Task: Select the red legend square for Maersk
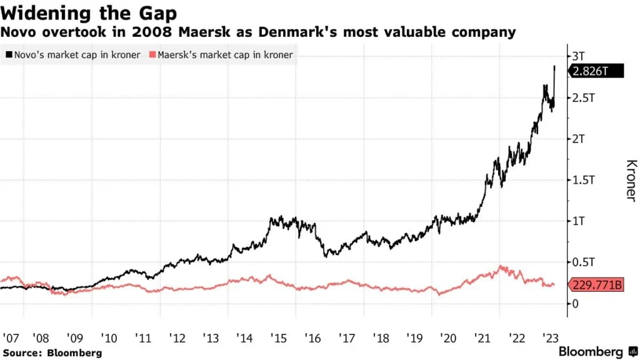click(153, 55)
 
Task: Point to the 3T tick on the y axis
click(579, 56)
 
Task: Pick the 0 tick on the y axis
click(575, 303)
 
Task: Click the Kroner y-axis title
click(631, 181)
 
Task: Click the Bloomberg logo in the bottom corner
click(596, 351)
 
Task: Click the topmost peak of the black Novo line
click(554, 66)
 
